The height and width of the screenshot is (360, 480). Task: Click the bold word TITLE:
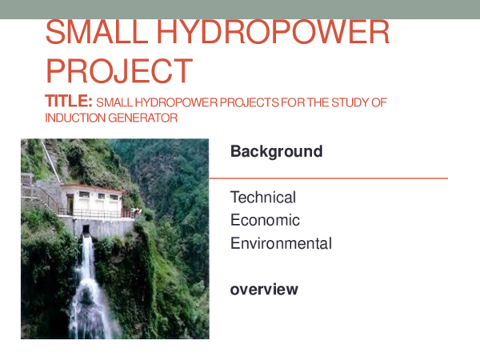tap(70, 102)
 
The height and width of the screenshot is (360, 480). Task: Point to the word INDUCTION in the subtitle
tap(73, 118)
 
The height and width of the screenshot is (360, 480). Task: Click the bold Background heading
tap(276, 151)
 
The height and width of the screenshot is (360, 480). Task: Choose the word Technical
tap(262, 197)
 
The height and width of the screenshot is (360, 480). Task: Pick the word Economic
tap(265, 220)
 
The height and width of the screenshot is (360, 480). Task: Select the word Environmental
tap(281, 243)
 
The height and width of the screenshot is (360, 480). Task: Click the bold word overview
tap(264, 289)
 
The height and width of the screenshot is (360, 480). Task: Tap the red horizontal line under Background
tap(328, 178)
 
